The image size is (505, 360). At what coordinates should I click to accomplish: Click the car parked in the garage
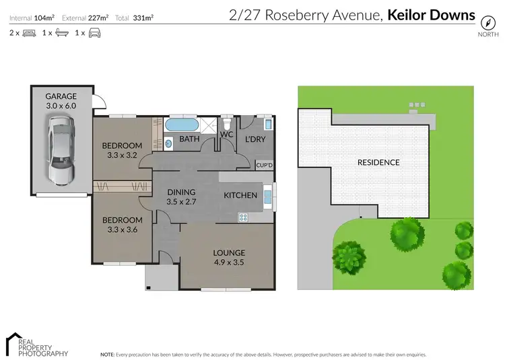61,149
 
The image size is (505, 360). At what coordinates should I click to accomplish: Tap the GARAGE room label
61,96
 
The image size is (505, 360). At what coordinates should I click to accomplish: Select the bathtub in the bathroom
181,124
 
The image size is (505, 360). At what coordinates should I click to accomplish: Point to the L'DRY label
255,139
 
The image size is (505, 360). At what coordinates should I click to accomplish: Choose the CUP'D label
265,165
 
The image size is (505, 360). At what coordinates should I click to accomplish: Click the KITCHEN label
240,195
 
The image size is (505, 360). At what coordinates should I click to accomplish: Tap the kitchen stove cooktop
242,217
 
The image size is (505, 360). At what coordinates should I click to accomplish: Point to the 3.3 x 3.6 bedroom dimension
122,229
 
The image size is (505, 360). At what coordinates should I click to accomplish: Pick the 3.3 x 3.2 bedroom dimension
122,155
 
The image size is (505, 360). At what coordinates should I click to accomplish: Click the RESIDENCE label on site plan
378,162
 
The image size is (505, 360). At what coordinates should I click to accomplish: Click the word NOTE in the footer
107,353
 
